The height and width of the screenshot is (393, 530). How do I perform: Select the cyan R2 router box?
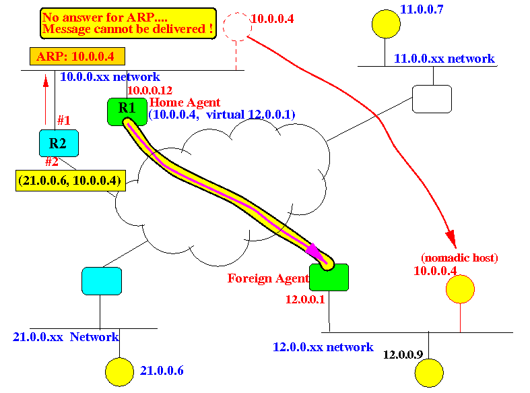coord(59,143)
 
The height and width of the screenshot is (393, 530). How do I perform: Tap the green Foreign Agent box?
coord(329,277)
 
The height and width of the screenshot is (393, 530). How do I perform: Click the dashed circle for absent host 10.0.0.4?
coord(236,26)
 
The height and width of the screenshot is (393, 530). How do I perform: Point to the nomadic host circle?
coord(461,289)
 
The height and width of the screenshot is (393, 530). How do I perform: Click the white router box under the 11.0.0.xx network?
coord(432,99)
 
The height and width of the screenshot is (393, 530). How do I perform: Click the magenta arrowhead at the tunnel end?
coord(314,251)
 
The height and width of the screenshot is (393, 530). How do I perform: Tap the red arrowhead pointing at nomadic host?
coord(451,238)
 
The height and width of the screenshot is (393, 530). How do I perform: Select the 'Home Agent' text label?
coord(185,102)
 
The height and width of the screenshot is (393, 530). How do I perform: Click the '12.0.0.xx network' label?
coord(323,347)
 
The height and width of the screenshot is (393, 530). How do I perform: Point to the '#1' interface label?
coord(64,121)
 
